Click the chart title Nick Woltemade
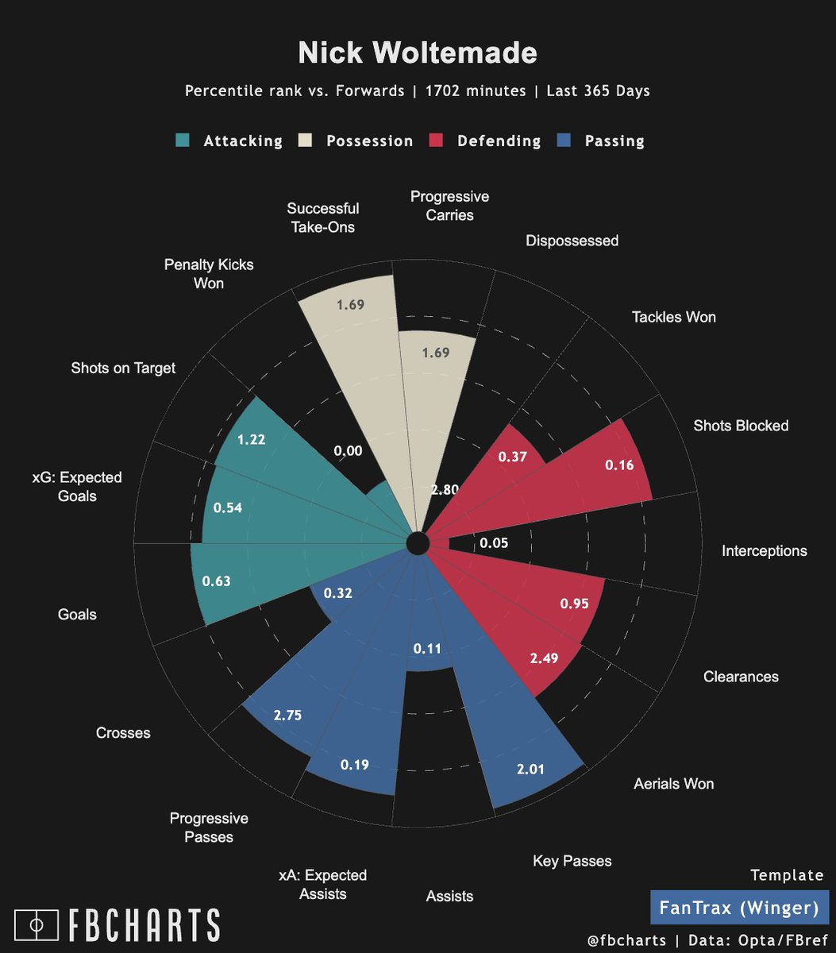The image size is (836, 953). (418, 53)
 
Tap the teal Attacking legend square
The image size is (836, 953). (183, 141)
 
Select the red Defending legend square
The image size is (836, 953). (436, 141)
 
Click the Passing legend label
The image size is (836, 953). (614, 141)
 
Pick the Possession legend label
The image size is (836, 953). (369, 141)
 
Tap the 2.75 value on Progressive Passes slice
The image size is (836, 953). (287, 715)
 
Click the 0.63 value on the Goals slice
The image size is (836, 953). (216, 581)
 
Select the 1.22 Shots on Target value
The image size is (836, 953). (252, 439)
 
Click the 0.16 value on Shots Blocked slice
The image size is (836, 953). (619, 465)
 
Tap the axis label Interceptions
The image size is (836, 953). (764, 550)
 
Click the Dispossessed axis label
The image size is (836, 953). (572, 241)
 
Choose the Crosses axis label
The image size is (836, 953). (122, 732)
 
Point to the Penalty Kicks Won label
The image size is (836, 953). (209, 273)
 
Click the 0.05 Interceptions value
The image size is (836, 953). (494, 544)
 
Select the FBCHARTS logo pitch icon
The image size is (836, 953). (37, 924)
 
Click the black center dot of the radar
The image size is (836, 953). (417, 544)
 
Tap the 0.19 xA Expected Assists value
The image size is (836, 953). (355, 766)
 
